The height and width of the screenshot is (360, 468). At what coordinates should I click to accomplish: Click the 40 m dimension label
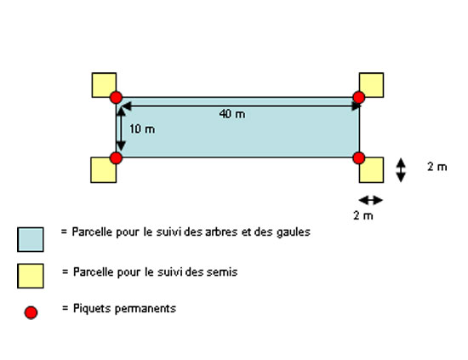point(232,114)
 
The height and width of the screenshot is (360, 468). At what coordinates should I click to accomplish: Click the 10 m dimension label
point(142,129)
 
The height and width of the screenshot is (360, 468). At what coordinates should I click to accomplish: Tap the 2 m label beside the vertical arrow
point(437,167)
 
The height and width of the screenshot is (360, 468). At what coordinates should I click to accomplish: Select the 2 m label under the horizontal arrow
point(363,215)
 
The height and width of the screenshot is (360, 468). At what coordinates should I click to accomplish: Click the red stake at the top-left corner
point(116,98)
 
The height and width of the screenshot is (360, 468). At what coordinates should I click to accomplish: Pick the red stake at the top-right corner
point(359,97)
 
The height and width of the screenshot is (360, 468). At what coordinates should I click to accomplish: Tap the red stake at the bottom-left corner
point(116,158)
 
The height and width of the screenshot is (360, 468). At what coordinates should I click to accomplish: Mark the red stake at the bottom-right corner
point(359,158)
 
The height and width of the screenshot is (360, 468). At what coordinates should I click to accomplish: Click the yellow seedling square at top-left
point(104,85)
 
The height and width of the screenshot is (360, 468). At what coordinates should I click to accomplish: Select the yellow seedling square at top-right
point(371,85)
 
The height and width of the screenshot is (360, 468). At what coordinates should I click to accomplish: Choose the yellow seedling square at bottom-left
point(103,170)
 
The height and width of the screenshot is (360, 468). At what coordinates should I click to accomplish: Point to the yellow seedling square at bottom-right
point(371,170)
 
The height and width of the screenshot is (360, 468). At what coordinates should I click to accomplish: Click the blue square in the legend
point(31,239)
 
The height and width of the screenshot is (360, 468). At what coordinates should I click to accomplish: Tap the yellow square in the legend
point(31,276)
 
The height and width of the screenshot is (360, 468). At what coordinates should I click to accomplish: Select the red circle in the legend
point(31,312)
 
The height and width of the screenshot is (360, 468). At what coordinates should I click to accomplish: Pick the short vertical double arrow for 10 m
point(121,129)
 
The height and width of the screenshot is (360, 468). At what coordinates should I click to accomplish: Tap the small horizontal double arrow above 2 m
point(370,200)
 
